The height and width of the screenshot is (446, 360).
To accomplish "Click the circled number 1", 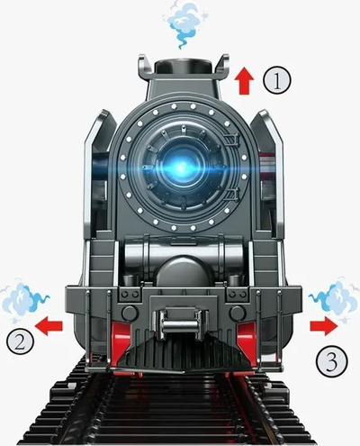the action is (277, 80).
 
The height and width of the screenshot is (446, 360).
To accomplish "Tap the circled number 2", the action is (20, 342).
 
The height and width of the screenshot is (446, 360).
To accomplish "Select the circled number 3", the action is (331, 361).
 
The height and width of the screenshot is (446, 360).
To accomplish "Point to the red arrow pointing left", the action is (49, 326).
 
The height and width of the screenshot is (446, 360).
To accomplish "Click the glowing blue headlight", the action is (181, 168).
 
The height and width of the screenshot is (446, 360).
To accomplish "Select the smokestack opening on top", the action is (185, 64).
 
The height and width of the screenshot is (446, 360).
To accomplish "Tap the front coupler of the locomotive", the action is (180, 323).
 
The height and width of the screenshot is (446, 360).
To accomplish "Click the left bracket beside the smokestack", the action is (146, 68).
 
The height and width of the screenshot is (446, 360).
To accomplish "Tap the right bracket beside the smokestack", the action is (222, 68).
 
